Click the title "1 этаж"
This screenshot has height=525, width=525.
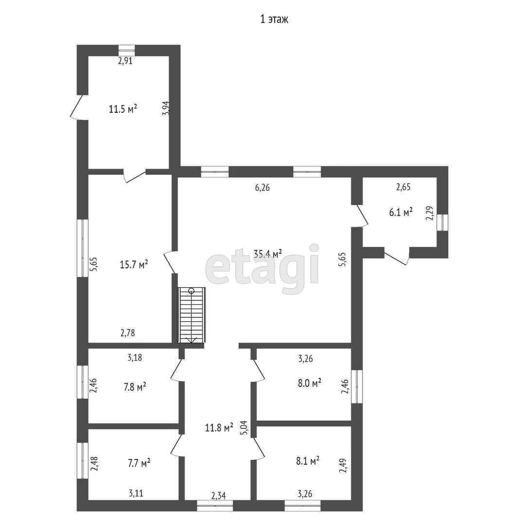275,19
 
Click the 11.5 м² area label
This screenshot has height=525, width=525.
122,109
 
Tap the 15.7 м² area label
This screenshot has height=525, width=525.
134,264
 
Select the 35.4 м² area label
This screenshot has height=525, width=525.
268,253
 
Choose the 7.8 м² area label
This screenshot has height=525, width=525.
135,387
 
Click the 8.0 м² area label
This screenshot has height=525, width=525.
309,383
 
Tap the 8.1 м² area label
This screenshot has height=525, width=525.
307,460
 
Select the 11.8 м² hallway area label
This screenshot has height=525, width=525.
219,428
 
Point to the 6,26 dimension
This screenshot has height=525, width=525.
262,187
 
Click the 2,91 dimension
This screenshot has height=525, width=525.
126,61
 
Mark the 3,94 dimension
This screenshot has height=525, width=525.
166,108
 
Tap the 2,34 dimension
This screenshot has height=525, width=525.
219,496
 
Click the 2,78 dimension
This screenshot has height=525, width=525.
127,333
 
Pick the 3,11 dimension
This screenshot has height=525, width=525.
136,494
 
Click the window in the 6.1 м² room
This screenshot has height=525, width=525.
442,223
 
